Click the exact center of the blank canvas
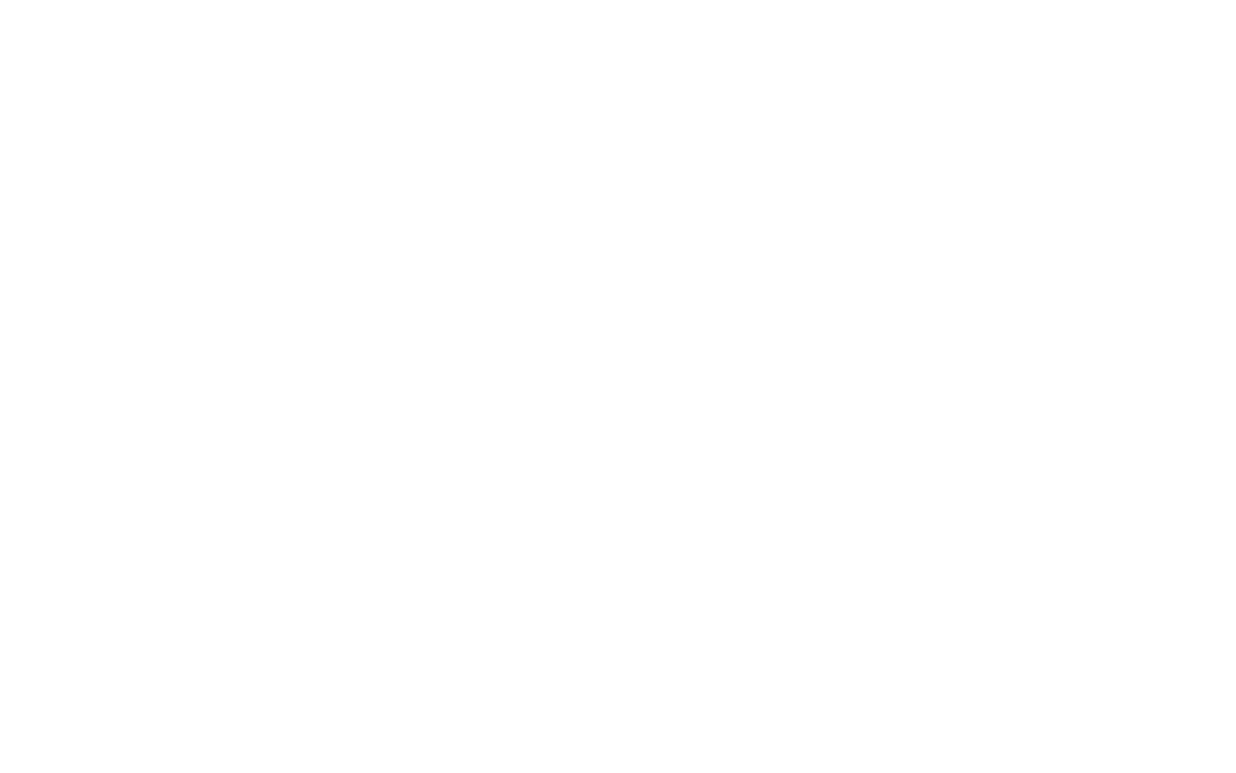click(618, 386)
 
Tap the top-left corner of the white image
click(0, 0)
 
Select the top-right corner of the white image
click(1235, 0)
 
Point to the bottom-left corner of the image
click(0, 772)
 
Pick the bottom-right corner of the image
click(1235, 772)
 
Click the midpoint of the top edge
click(618, 0)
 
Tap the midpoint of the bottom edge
click(618, 772)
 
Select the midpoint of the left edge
click(0, 386)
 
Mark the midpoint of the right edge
click(1235, 386)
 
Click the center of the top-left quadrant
click(309, 193)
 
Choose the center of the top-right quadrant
click(927, 193)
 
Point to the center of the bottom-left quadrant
click(309, 580)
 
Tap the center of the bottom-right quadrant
click(927, 580)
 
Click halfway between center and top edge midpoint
click(618, 193)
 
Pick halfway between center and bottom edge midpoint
click(618, 580)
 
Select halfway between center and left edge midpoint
click(309, 386)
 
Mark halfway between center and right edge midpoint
click(927, 386)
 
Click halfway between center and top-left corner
click(309, 193)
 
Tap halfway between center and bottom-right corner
click(927, 580)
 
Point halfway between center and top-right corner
click(927, 193)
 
